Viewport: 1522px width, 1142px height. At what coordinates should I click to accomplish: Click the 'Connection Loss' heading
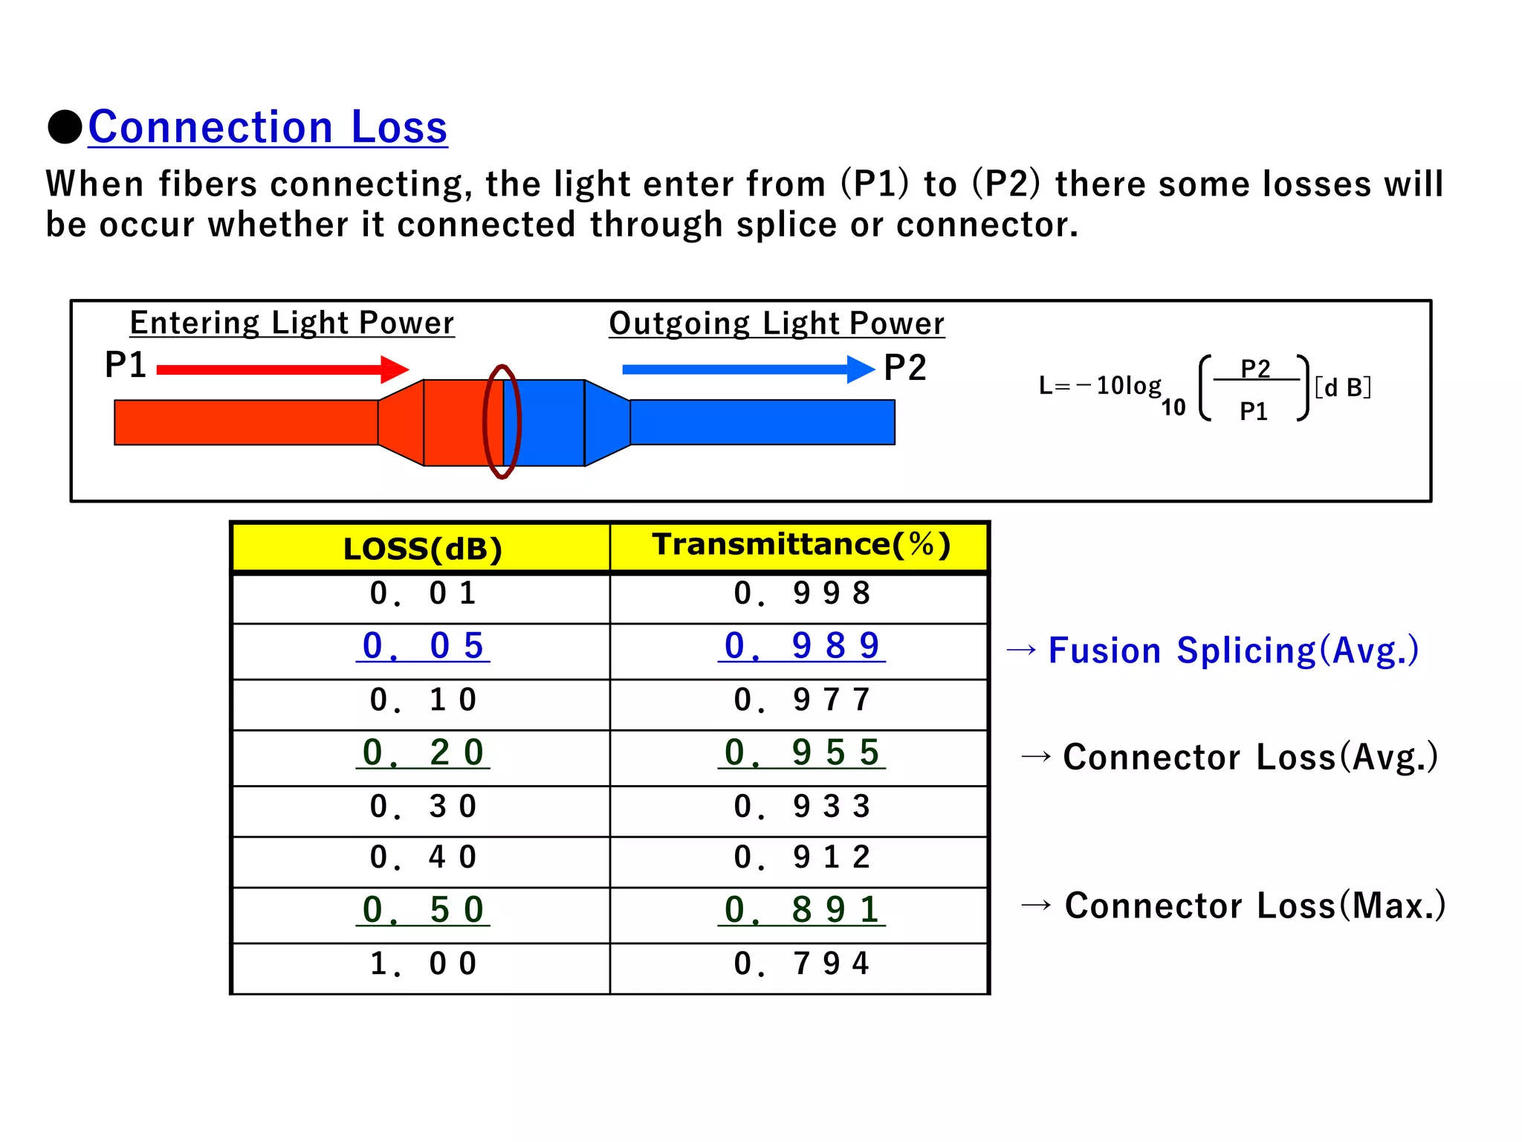(268, 127)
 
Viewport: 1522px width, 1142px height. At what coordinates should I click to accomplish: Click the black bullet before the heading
(65, 127)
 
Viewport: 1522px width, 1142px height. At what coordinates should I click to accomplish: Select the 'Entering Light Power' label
(291, 323)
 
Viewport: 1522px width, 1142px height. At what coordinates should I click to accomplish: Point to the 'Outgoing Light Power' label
(777, 324)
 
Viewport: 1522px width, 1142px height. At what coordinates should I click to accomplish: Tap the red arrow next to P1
(282, 370)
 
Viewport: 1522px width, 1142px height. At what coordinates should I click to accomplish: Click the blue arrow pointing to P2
(747, 370)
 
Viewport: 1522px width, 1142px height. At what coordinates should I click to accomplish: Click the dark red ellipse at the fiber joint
(502, 422)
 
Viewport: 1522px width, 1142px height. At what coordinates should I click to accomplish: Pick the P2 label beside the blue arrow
(904, 368)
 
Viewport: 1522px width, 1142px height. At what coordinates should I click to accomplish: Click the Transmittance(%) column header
(800, 545)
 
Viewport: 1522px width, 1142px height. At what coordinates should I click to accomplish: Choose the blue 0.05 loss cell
(422, 646)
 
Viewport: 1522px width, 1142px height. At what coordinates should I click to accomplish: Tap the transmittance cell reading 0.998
(801, 594)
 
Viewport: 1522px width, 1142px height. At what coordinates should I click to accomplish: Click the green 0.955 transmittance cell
(801, 752)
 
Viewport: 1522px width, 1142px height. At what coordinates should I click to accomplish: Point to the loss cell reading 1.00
(422, 964)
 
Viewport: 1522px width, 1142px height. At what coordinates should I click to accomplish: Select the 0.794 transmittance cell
(801, 964)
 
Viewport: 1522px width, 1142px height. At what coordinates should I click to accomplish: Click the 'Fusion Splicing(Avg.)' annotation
(1234, 651)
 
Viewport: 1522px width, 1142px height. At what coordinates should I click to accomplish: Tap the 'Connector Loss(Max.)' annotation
(1254, 906)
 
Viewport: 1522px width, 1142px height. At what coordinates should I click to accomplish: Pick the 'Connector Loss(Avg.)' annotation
(1250, 757)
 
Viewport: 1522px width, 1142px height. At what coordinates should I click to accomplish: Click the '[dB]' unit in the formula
(1342, 387)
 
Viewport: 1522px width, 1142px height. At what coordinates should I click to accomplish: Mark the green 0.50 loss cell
(422, 910)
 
